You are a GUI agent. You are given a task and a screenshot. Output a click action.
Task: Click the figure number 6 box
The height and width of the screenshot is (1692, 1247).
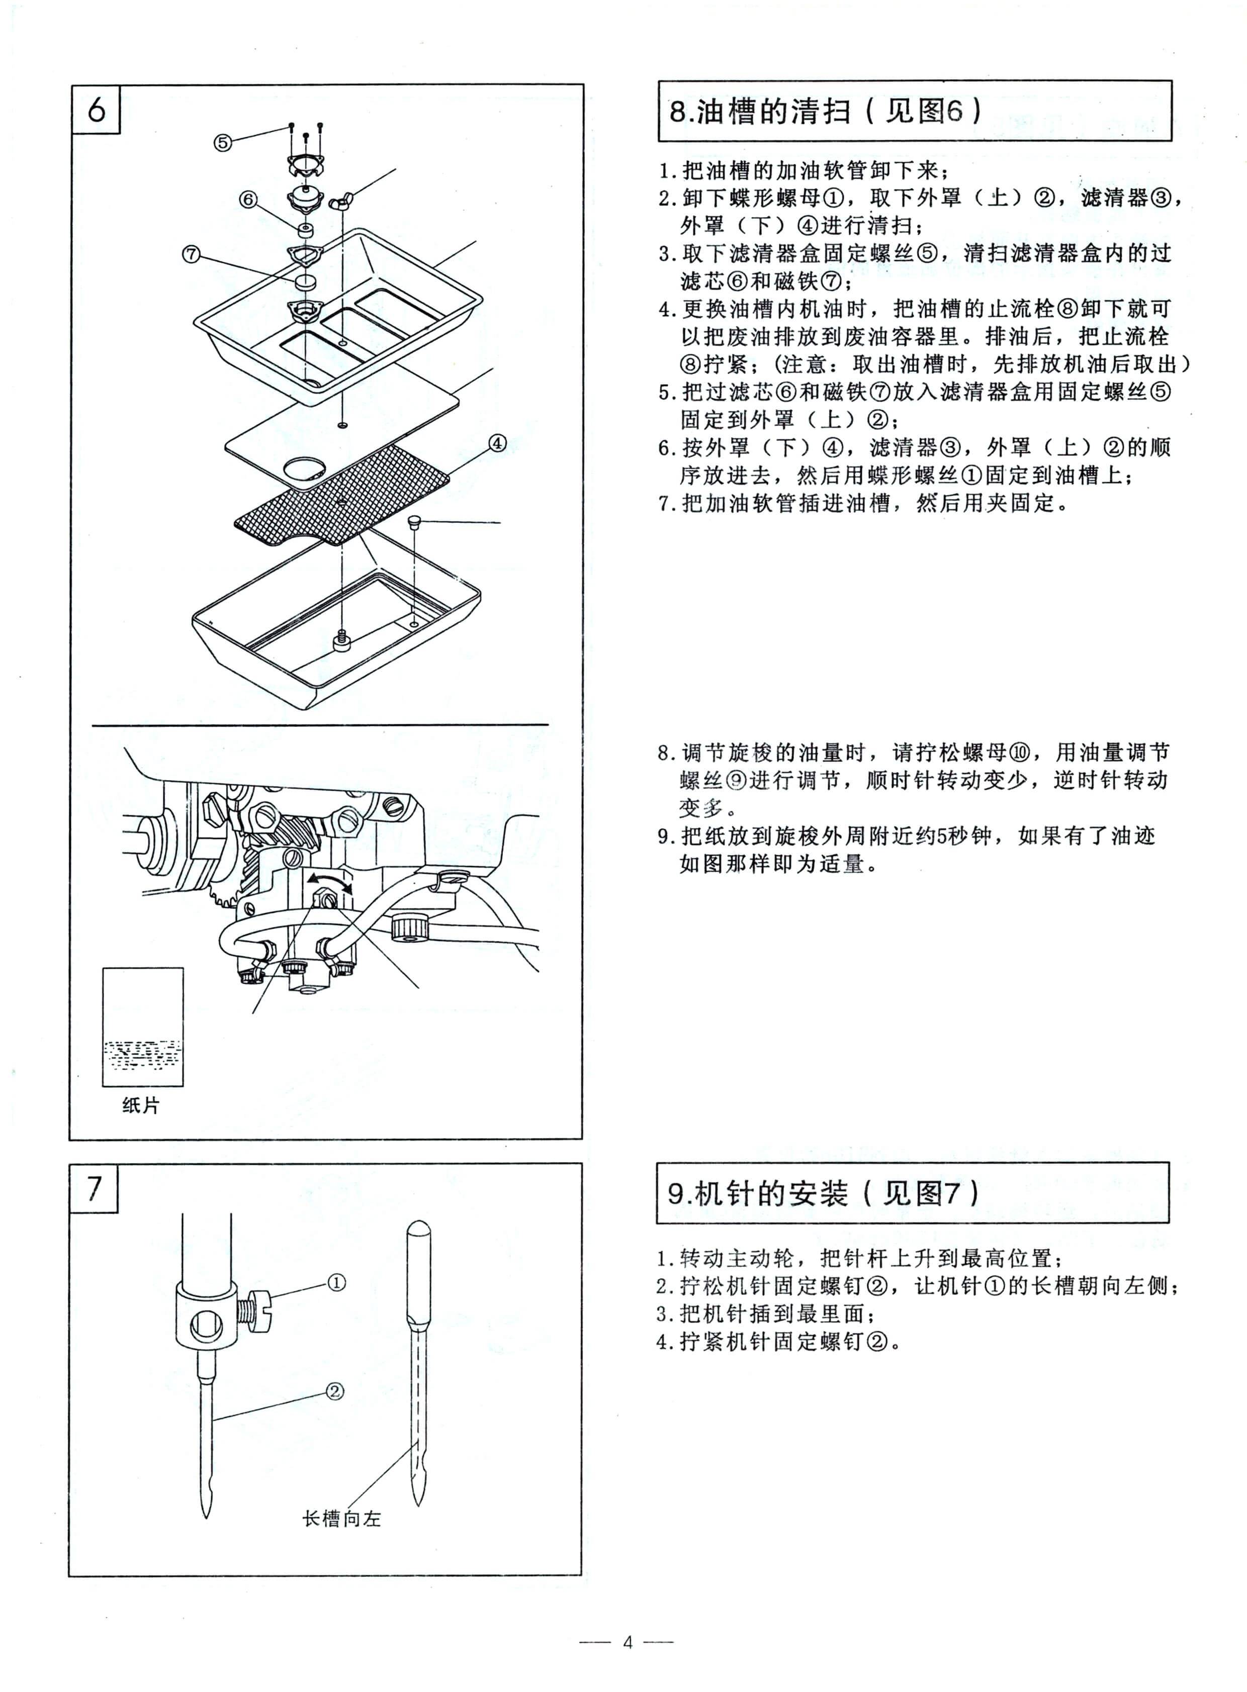pos(96,110)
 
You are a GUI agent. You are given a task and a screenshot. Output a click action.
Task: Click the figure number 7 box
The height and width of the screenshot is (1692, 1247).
pos(94,1188)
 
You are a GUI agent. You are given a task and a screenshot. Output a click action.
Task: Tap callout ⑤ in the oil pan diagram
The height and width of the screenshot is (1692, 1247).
pos(222,142)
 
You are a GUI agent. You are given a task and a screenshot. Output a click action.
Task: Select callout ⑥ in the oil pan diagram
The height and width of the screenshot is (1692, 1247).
pos(248,199)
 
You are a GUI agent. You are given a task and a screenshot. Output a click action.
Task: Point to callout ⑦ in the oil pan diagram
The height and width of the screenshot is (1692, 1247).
pos(191,253)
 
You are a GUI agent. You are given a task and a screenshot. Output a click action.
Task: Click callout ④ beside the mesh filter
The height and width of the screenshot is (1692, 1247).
pos(497,443)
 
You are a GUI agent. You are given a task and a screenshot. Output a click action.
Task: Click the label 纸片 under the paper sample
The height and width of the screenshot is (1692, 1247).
pos(141,1105)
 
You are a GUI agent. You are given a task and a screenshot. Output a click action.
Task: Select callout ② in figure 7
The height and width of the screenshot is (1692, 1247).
pos(335,1390)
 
